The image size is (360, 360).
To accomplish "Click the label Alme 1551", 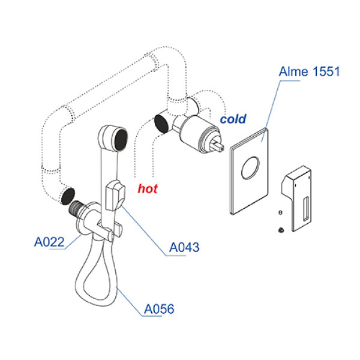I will point(309,72).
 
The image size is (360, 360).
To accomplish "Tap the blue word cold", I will point(233,119).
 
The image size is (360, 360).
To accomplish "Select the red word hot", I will point(148,189).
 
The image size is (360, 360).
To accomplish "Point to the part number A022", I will point(49,242).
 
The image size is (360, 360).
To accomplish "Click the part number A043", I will point(184,247).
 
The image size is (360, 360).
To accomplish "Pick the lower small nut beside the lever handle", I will point(281,229).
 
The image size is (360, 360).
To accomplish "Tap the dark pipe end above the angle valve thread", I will point(68,196).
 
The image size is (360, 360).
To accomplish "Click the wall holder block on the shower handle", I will point(115,195).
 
